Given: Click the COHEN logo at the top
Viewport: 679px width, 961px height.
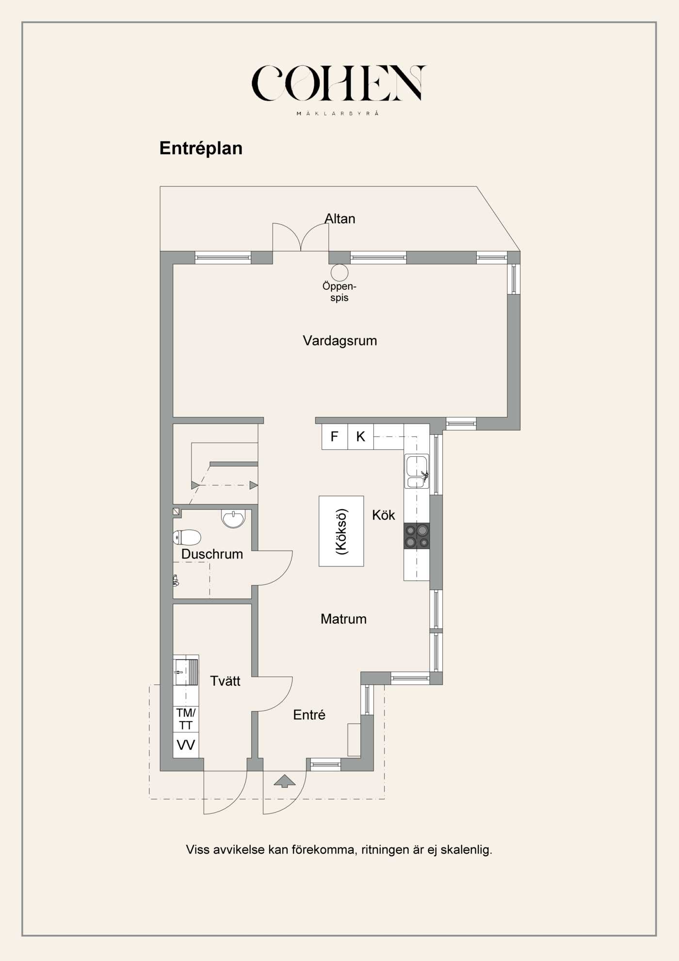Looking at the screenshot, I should (339, 83).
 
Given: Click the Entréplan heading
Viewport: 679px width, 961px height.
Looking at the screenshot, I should (201, 148).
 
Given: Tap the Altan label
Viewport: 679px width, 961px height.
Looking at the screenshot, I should (339, 219).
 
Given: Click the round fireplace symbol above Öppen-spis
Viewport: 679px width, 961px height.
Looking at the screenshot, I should (339, 272).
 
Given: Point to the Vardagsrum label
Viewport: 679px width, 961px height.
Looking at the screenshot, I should (339, 341).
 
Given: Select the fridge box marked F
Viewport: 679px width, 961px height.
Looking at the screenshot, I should (334, 437).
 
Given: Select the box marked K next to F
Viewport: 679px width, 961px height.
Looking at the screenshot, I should (360, 437).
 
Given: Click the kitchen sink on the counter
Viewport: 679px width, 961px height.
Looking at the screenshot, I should (417, 471).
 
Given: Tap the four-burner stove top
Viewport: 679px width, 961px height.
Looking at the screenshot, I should (417, 536).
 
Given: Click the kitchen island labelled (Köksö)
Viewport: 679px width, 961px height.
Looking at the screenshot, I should (341, 531).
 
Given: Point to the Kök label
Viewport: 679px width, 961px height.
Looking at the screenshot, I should (383, 515).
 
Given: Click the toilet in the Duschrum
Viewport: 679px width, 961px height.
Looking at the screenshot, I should (187, 537).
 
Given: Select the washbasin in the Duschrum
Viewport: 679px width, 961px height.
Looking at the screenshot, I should (233, 518).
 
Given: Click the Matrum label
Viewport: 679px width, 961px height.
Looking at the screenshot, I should (343, 619).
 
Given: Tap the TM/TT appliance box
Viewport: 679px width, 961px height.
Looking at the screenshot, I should (186, 719).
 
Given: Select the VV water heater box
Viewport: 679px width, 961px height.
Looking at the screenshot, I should (186, 745).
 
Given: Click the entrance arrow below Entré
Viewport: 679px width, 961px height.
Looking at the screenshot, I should (285, 780).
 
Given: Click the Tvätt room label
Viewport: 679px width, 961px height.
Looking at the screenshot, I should (225, 681).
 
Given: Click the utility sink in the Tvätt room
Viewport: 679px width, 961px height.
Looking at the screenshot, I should (186, 672).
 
